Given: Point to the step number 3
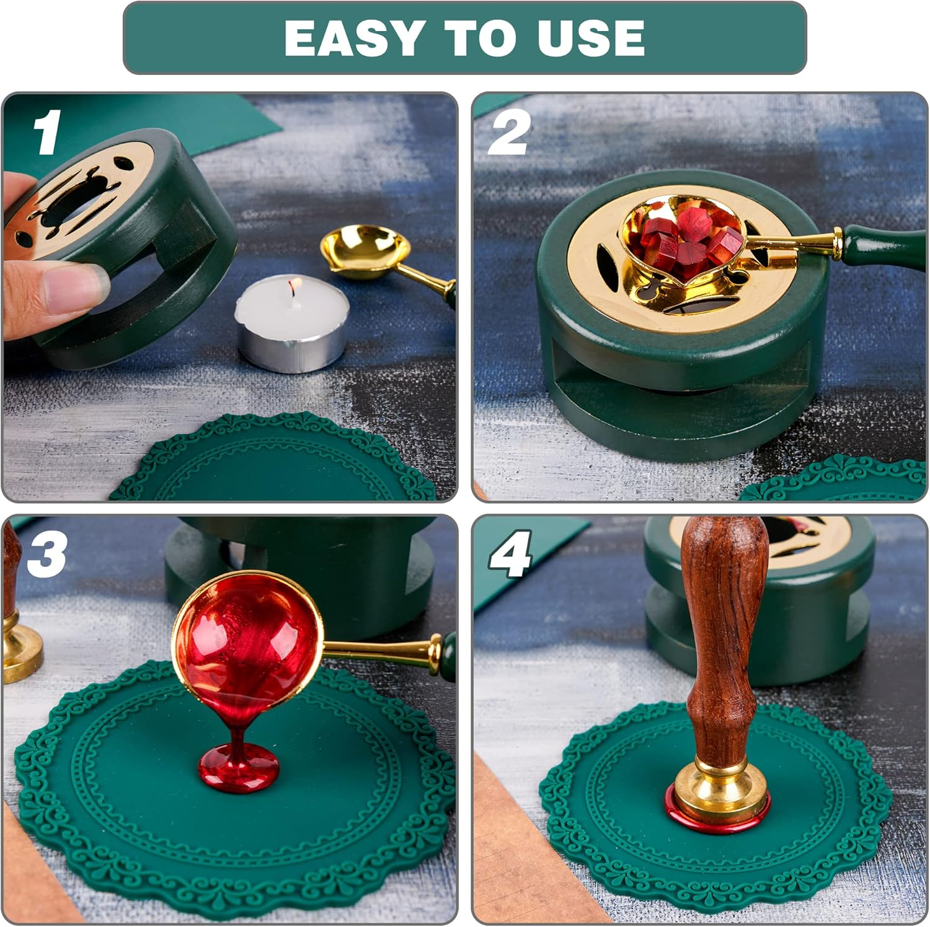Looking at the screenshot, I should click(46, 553).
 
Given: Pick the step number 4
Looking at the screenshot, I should click(510, 553).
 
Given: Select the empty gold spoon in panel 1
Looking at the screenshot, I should click(366, 251).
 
